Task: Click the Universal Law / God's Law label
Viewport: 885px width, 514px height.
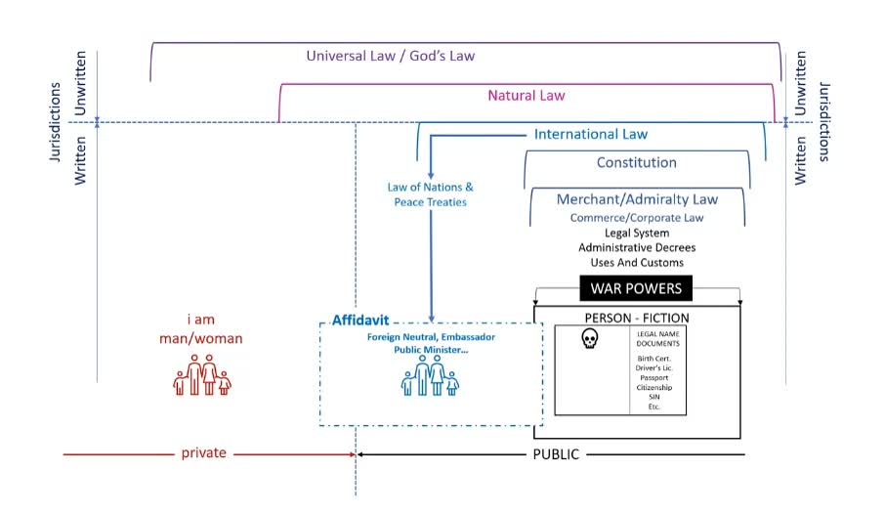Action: coord(390,56)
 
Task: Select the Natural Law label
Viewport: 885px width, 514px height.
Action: coord(527,96)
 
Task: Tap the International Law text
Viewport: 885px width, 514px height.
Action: coord(590,134)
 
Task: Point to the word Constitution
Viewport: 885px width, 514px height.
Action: coord(636,162)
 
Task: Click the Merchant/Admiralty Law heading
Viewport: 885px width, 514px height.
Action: coord(637,199)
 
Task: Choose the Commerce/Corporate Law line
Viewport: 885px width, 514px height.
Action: coord(637,217)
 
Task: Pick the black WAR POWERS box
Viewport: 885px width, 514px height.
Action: coord(636,288)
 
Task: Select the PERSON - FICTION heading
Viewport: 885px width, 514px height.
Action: coord(636,318)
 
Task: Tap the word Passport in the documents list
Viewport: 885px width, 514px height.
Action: coord(654,376)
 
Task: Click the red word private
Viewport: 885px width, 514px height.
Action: coord(203,453)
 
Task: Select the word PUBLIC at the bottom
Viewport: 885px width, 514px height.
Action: coord(555,454)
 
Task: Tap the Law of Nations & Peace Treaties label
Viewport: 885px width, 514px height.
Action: coord(430,194)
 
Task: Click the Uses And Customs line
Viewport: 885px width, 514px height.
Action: coord(637,263)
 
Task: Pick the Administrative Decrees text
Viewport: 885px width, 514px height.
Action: coord(637,247)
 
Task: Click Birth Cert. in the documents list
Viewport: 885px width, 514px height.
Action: coord(654,358)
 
